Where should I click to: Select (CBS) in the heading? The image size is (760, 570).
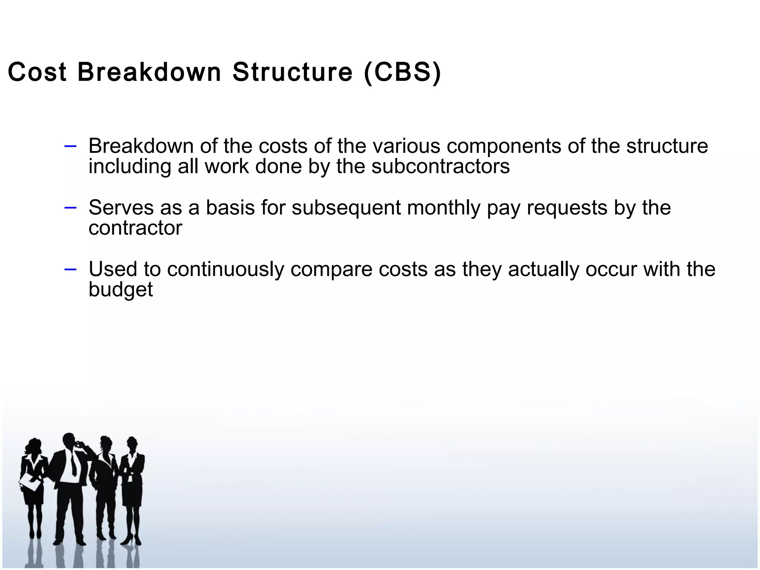click(x=402, y=73)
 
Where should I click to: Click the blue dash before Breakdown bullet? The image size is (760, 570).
click(x=70, y=146)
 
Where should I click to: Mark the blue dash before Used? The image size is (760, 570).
click(x=70, y=269)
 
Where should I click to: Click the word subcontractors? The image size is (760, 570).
click(x=440, y=166)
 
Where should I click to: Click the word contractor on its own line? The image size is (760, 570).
click(x=135, y=228)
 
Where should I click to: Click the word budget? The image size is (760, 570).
click(x=121, y=289)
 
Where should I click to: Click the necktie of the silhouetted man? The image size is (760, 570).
click(x=73, y=464)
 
